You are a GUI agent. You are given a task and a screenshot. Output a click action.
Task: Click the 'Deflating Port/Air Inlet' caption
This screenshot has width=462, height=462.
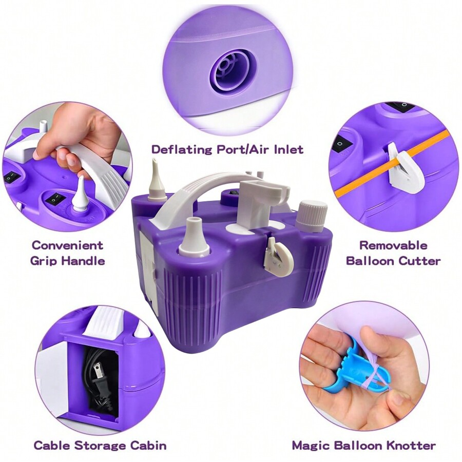[x=227, y=149]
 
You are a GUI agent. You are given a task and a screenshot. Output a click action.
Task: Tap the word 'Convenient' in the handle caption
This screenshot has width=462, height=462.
[x=68, y=245]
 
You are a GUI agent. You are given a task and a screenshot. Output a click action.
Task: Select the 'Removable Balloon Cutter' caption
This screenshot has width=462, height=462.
[x=393, y=253]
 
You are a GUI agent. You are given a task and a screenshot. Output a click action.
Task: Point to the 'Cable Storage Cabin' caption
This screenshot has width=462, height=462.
[x=100, y=445]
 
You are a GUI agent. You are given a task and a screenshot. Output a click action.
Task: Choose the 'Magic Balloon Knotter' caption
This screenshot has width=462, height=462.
[x=363, y=445]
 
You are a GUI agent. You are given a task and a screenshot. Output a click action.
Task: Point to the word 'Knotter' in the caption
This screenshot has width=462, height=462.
[x=411, y=445]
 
